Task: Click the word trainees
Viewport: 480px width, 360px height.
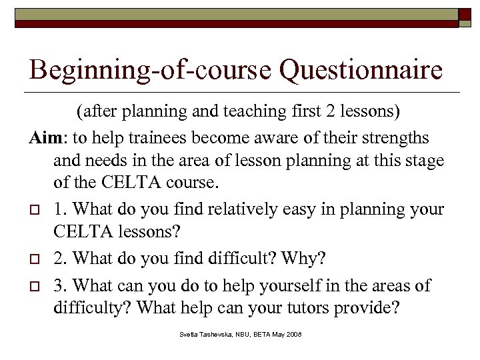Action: click(157, 138)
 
